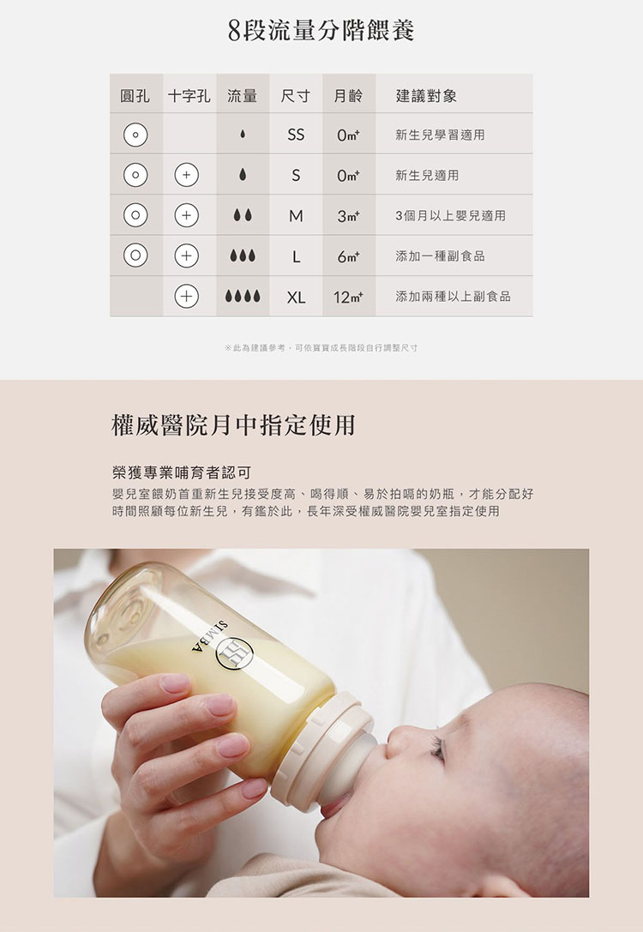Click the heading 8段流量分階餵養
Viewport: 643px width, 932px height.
321,31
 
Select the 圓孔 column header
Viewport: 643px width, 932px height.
135,96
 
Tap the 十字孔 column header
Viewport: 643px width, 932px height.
189,96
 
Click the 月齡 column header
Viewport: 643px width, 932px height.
348,96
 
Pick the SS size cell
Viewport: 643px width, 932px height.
296,135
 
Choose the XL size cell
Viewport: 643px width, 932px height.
296,297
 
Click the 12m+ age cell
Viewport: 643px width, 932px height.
348,297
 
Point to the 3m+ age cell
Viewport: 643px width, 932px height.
348,216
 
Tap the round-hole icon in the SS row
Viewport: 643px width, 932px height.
135,135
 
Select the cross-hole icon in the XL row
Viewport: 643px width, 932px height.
187,296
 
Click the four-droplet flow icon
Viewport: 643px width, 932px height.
243,296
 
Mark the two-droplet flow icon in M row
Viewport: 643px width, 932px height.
243,215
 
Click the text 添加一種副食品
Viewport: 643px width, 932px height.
441,256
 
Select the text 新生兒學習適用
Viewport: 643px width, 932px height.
441,135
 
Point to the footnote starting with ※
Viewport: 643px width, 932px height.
321,348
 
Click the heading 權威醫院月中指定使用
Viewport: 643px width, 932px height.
233,425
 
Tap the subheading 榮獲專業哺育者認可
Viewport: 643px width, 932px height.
182,472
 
